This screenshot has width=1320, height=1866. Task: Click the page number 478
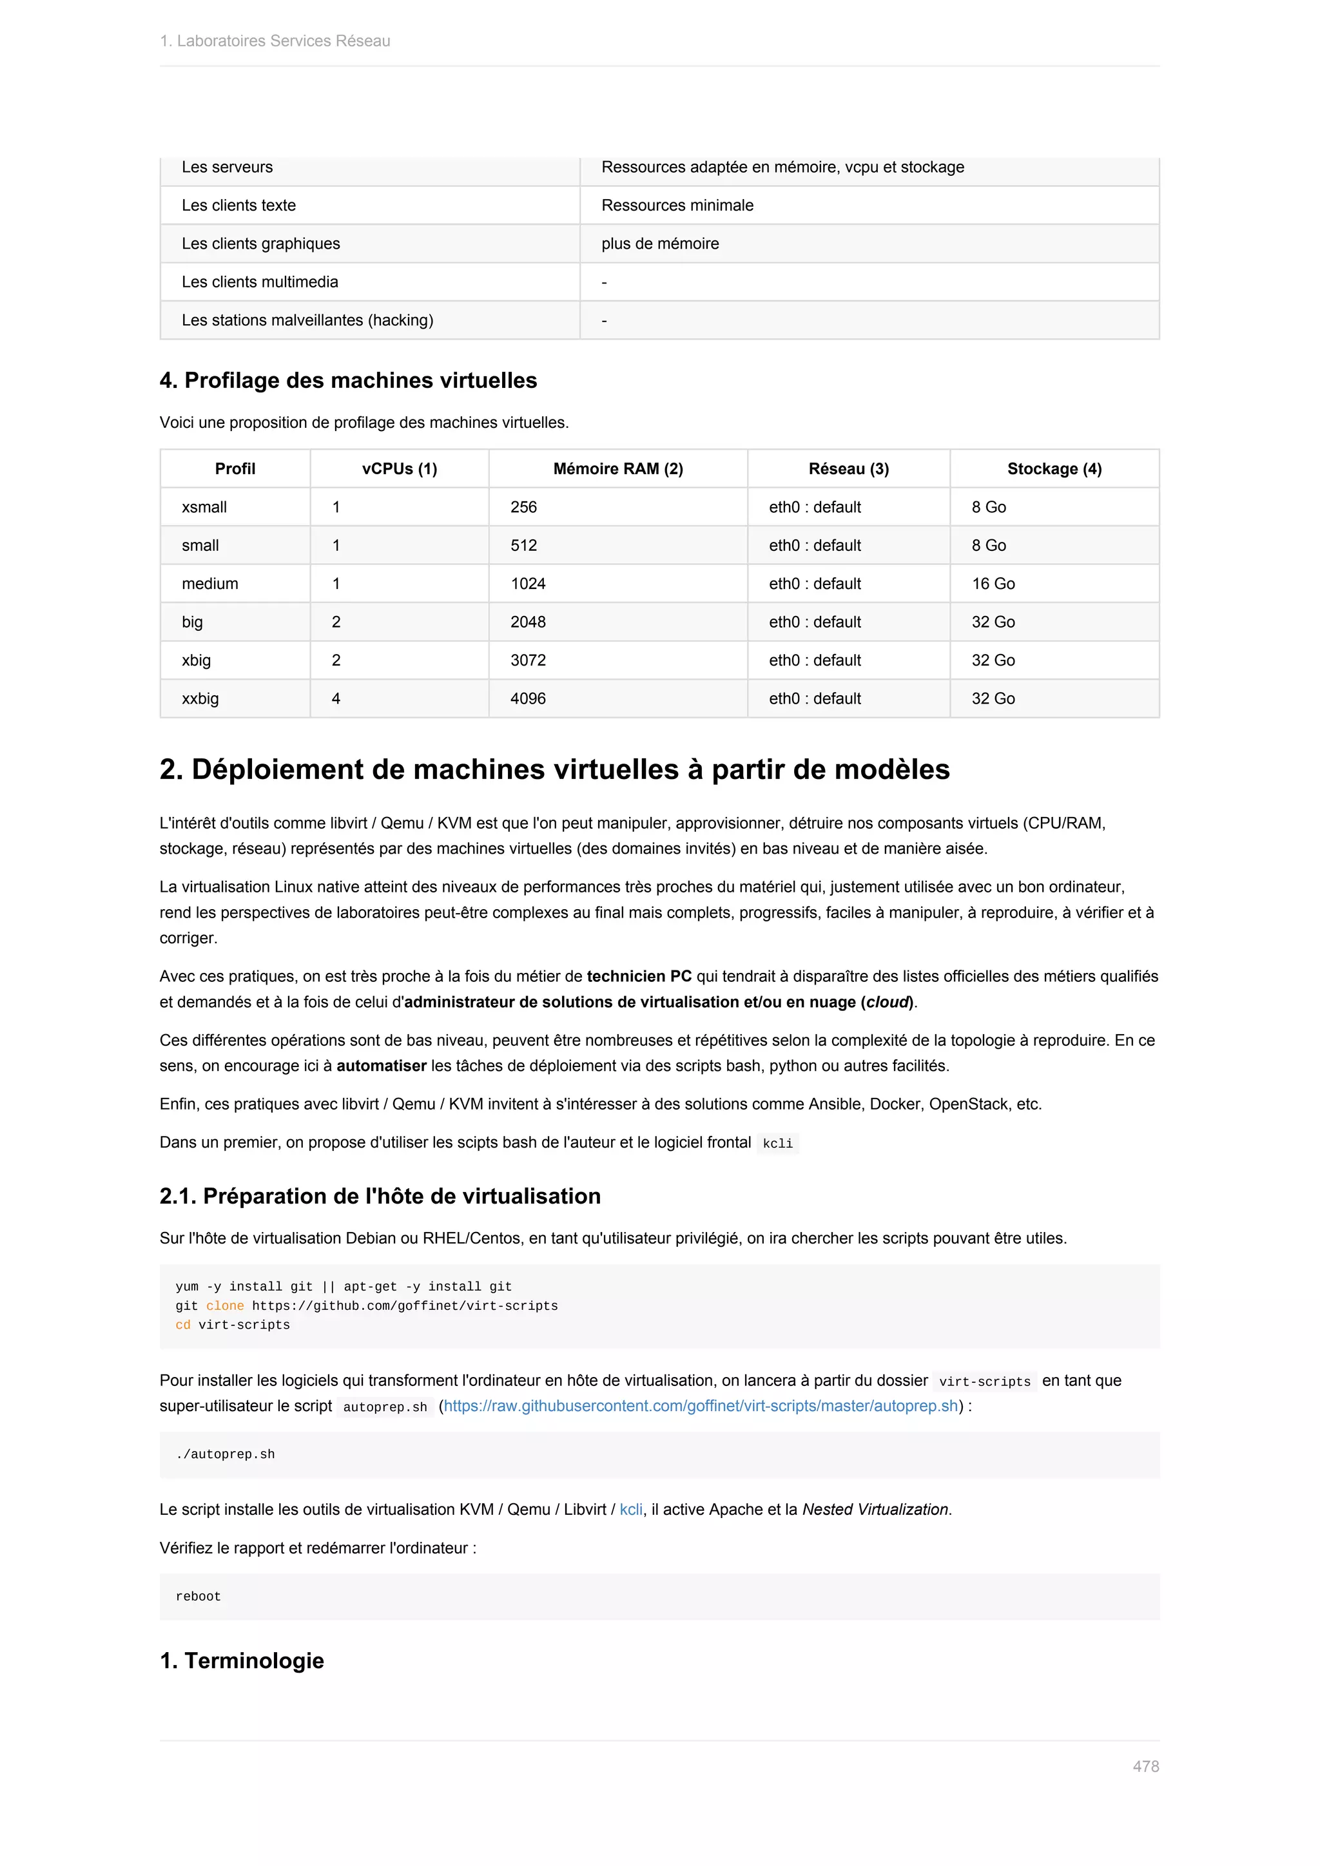pyautogui.click(x=1145, y=1766)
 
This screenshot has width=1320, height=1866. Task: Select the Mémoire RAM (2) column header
pyautogui.click(x=617, y=469)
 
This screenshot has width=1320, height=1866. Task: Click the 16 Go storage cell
pyautogui.click(x=993, y=584)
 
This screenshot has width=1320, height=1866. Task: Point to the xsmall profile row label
pyautogui.click(x=204, y=507)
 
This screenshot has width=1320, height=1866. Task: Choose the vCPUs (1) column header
pyautogui.click(x=399, y=469)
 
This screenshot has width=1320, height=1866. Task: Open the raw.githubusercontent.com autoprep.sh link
pyautogui.click(x=701, y=1406)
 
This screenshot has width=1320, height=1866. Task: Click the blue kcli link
pyautogui.click(x=631, y=1509)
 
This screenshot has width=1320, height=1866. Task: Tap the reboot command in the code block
pyautogui.click(x=199, y=1596)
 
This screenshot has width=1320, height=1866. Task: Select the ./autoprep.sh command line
pyautogui.click(x=225, y=1454)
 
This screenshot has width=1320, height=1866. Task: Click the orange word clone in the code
pyautogui.click(x=224, y=1306)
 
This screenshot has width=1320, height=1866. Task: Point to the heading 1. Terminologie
pyautogui.click(x=242, y=1660)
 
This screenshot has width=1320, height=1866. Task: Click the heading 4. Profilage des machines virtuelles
pyautogui.click(x=348, y=380)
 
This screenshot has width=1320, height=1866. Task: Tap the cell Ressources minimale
pyautogui.click(x=677, y=206)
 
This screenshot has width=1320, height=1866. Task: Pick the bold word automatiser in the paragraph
pyautogui.click(x=381, y=1066)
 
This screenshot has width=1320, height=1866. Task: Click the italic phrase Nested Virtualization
pyautogui.click(x=875, y=1509)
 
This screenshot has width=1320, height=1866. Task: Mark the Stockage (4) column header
pyautogui.click(x=1054, y=469)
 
